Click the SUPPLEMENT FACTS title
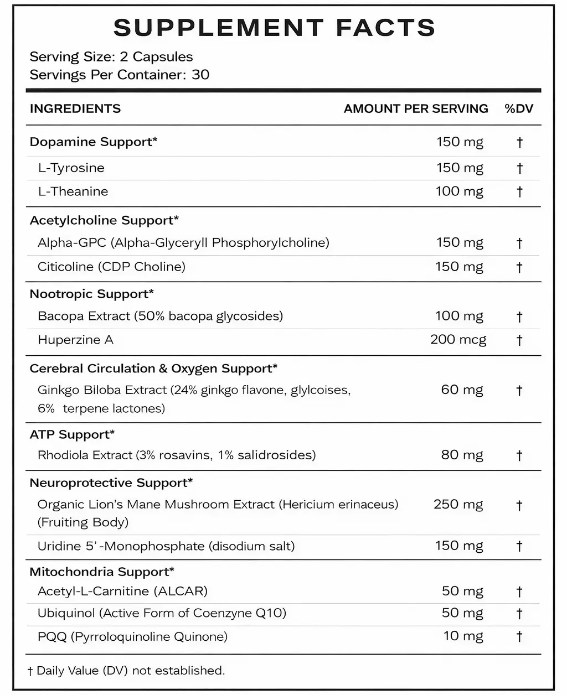(x=275, y=28)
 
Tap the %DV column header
(x=519, y=108)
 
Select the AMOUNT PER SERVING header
(x=416, y=108)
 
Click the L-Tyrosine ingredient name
(x=71, y=168)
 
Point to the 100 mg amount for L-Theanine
(x=460, y=191)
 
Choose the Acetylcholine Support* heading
(x=104, y=220)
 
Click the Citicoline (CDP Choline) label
(x=111, y=267)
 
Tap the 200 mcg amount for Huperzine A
(x=458, y=339)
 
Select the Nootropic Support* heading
(x=91, y=294)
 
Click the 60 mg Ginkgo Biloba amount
(x=462, y=390)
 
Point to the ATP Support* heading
(x=72, y=434)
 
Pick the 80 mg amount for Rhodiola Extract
(x=462, y=455)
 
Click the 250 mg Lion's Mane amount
(x=458, y=504)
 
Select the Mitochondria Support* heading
(x=102, y=572)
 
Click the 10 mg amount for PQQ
(x=463, y=636)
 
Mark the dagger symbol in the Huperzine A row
(x=519, y=340)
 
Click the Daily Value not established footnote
(x=126, y=671)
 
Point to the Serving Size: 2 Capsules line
(x=111, y=57)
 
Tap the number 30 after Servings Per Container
(x=200, y=75)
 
